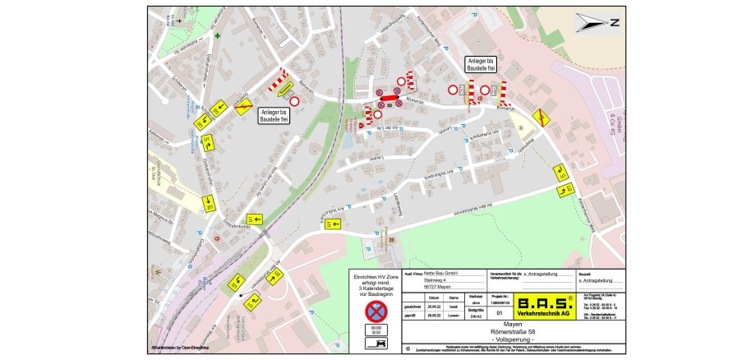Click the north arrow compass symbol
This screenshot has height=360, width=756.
(598, 24)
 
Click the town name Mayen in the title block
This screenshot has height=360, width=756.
(511, 324)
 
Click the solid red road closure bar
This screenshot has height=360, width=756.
(389, 97)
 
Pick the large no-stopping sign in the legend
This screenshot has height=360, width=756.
(375, 311)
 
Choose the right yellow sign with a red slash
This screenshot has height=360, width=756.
(541, 118)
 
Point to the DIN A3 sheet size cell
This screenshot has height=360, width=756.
(476, 316)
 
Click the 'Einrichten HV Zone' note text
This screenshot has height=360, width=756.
(375, 284)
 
